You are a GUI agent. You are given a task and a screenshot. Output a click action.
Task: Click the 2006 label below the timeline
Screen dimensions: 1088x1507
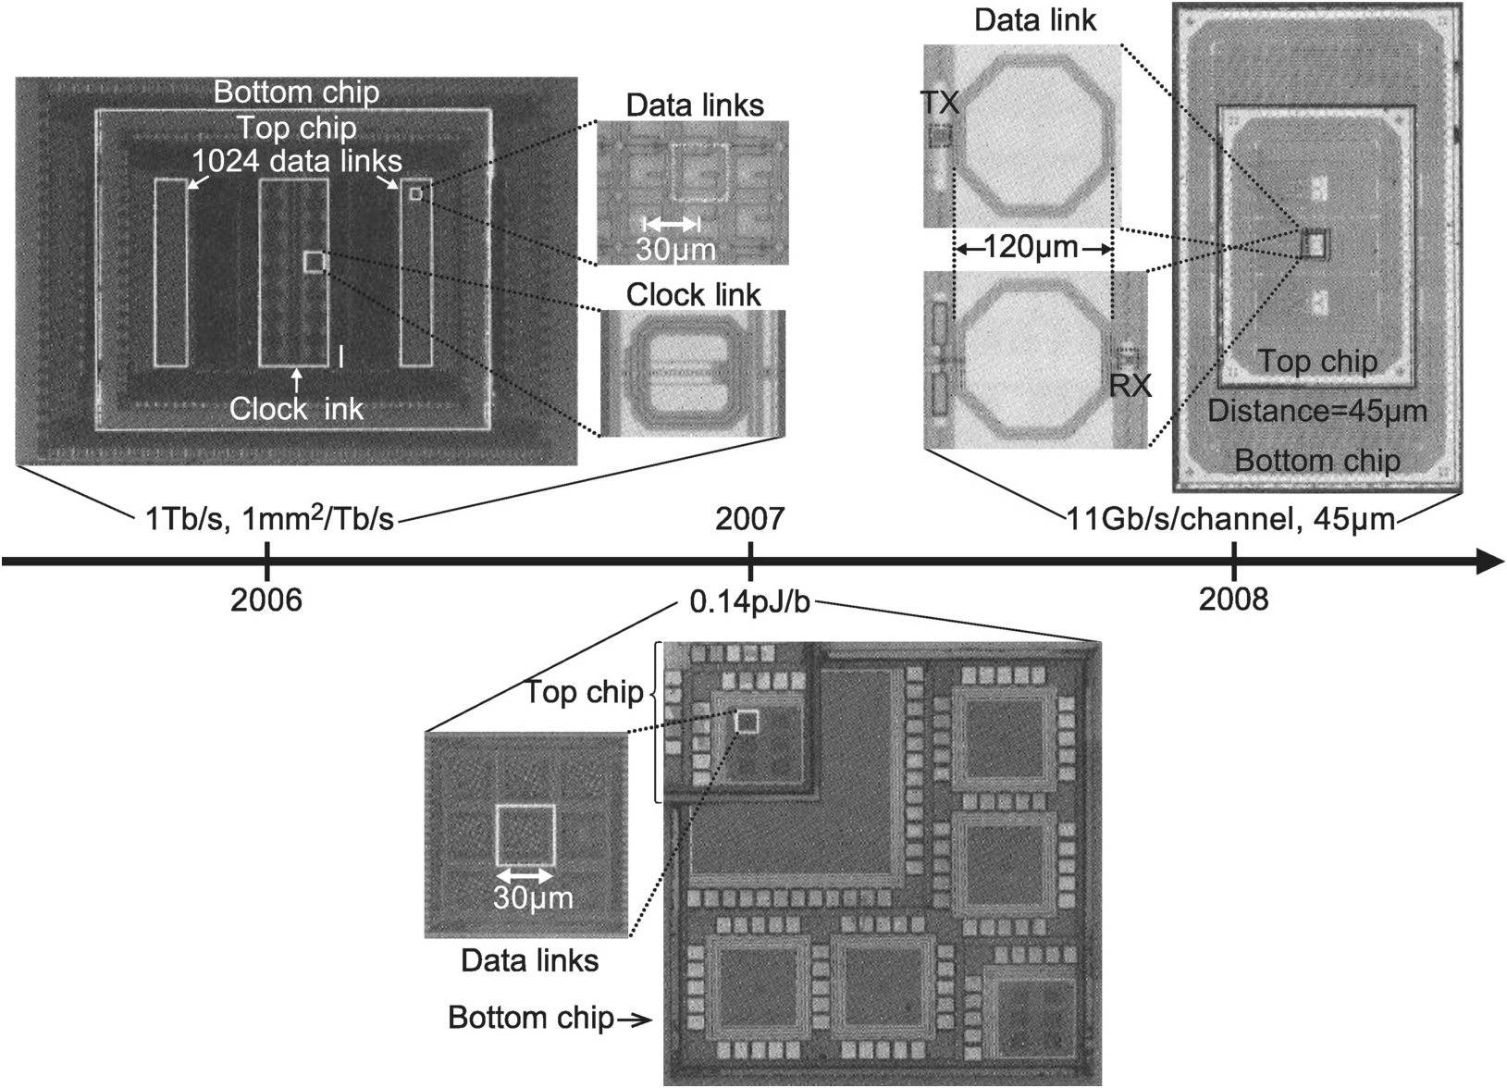tap(266, 600)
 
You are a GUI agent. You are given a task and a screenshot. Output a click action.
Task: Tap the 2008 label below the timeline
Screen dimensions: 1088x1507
tap(1233, 600)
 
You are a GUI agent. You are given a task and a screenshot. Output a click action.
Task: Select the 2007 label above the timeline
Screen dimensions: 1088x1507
tap(749, 518)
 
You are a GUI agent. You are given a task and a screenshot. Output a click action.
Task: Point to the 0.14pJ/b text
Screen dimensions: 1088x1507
tap(749, 603)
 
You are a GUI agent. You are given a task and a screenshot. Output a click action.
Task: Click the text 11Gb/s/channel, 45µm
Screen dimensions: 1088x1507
tap(1230, 519)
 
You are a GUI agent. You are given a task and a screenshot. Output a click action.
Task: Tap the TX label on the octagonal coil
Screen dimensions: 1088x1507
tap(940, 102)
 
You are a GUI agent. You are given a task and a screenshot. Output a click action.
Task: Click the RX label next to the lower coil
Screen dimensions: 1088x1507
tap(1130, 385)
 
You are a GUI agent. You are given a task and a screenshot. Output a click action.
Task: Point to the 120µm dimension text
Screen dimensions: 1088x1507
tap(1031, 248)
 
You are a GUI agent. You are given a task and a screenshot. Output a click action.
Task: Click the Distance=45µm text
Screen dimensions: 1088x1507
tap(1317, 411)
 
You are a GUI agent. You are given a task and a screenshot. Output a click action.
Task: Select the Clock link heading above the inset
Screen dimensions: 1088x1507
tap(693, 295)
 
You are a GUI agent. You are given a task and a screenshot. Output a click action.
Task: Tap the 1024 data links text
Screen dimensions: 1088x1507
tap(297, 162)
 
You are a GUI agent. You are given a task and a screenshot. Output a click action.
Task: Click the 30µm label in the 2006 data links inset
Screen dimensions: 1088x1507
tap(675, 250)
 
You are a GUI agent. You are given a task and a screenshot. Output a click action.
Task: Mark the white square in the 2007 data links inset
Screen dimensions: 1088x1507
tap(525, 835)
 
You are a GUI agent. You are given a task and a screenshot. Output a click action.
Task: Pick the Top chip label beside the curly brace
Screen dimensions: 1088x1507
tap(584, 692)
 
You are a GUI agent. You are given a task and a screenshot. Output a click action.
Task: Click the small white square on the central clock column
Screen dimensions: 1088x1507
tap(315, 262)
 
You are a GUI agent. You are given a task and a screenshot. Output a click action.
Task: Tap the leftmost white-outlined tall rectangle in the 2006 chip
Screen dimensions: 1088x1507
tap(170, 272)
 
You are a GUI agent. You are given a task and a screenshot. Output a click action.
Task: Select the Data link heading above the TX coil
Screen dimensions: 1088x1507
tap(1034, 20)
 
